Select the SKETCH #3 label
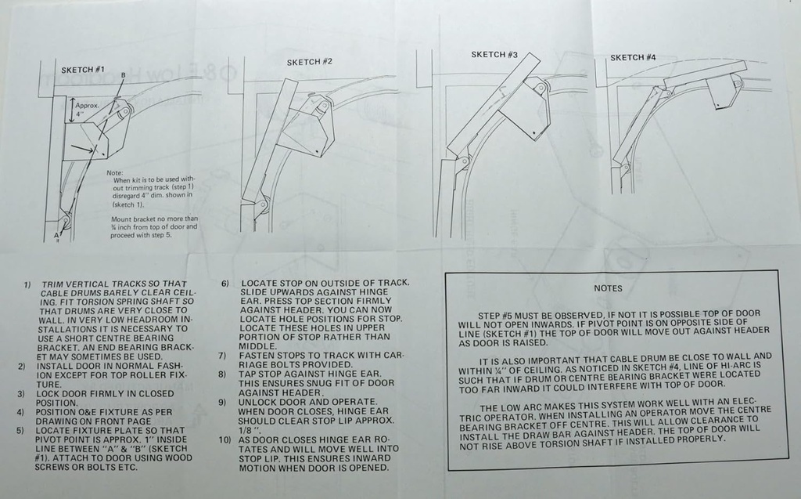point(494,55)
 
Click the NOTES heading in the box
point(608,288)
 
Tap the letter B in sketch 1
point(122,74)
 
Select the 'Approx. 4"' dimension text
point(86,108)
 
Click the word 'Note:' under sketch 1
point(115,172)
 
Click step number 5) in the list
point(22,430)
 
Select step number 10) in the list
point(225,440)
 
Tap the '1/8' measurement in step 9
point(249,430)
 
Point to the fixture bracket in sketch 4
point(724,92)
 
